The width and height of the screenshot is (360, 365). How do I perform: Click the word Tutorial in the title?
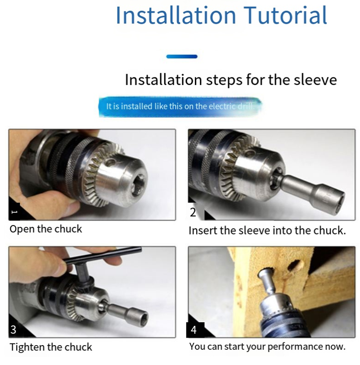pyautogui.click(x=285, y=15)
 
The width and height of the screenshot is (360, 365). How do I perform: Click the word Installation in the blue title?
pyautogui.click(x=176, y=15)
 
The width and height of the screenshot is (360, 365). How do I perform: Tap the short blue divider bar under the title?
pyautogui.click(x=182, y=56)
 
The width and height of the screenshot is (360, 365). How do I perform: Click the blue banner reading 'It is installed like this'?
pyautogui.click(x=180, y=107)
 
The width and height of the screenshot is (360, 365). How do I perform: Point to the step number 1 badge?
pyautogui.click(x=14, y=212)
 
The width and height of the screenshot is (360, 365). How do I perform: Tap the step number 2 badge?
pyautogui.click(x=193, y=212)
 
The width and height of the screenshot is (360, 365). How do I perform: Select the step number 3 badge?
pyautogui.click(x=13, y=329)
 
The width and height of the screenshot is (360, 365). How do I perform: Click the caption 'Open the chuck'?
pyautogui.click(x=46, y=229)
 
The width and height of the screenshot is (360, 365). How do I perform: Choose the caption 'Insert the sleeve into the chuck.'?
pyautogui.click(x=267, y=230)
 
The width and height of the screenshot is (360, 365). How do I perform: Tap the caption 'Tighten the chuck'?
pyautogui.click(x=51, y=347)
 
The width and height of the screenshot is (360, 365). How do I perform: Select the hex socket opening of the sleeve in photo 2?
pyautogui.click(x=338, y=200)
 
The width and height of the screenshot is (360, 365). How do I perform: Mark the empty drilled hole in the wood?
pyautogui.click(x=296, y=266)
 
